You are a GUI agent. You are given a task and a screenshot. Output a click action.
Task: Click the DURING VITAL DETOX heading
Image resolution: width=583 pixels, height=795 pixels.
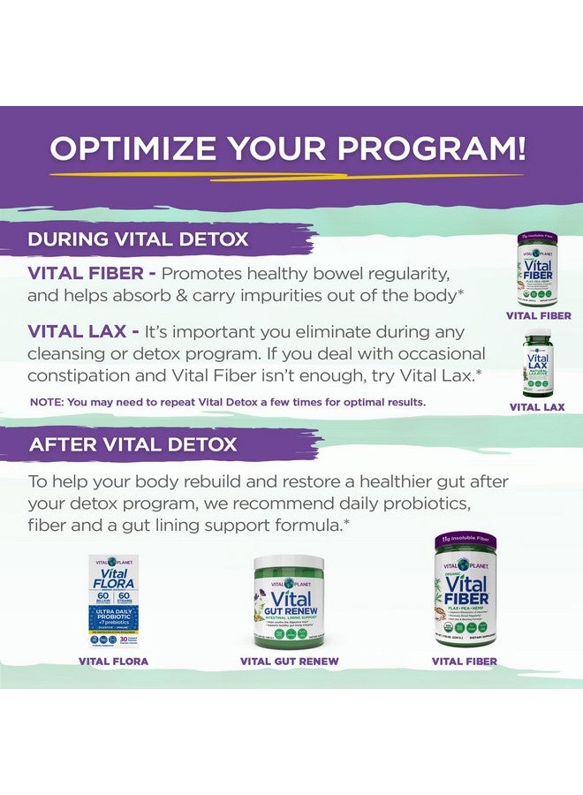pos(138,238)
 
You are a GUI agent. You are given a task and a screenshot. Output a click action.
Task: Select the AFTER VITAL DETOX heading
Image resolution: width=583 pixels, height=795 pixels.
pos(133,444)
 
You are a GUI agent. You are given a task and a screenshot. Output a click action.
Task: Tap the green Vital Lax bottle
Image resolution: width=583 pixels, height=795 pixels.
pos(537,361)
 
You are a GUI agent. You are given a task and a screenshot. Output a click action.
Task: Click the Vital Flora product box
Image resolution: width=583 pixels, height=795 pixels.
pos(113,601)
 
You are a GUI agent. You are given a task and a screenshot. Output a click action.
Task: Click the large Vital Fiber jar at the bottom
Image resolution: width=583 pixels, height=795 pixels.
pos(465,592)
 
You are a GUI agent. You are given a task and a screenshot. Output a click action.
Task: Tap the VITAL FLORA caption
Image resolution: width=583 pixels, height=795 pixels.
pos(113,661)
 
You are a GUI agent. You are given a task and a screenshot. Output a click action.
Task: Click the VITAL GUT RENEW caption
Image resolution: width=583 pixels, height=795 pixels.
pos(289,661)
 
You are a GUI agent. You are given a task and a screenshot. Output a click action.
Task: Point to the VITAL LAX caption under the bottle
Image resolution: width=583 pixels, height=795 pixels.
pos(537,407)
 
